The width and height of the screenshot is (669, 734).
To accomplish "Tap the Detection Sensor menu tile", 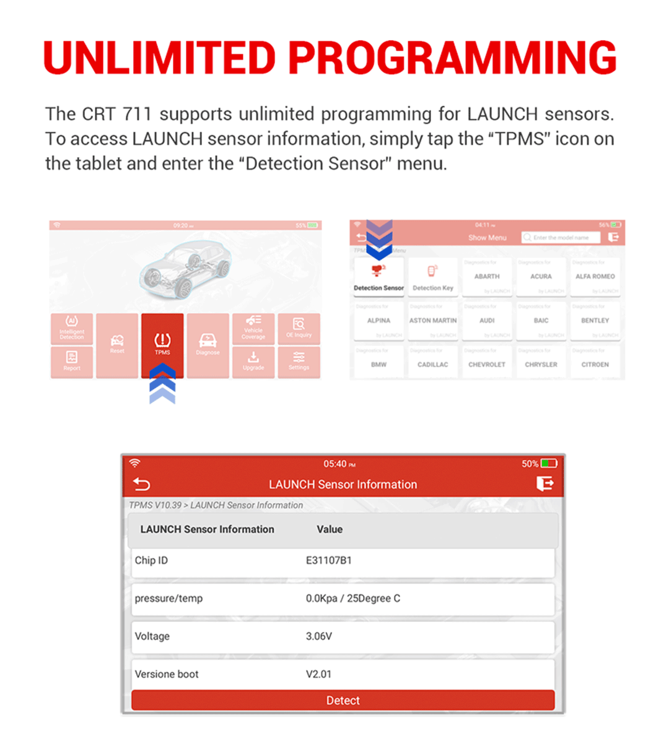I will [378, 278].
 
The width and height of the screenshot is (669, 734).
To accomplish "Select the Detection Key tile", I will [433, 278].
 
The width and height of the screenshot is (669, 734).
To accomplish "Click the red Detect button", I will [343, 701].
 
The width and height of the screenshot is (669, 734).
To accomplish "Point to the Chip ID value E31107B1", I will [328, 561].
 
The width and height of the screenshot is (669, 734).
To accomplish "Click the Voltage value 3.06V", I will [318, 636].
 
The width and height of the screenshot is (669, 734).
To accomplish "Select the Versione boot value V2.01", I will [318, 674].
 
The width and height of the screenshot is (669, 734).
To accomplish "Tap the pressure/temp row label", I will [168, 598].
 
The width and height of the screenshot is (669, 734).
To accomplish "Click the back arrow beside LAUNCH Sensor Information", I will [141, 484].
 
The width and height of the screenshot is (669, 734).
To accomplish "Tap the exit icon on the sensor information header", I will [544, 483].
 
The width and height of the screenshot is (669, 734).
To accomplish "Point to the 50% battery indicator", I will [540, 464].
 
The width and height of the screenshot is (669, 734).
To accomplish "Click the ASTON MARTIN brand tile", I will [433, 321].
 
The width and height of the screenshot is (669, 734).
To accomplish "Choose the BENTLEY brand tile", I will [595, 321].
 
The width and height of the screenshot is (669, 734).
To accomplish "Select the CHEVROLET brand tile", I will [487, 365].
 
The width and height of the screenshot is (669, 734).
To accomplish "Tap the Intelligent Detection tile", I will [72, 329].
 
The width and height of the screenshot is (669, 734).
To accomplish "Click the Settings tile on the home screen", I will [299, 361].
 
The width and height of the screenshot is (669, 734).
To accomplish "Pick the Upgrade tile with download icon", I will [253, 361].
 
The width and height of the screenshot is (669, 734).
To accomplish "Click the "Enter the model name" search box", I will [561, 238].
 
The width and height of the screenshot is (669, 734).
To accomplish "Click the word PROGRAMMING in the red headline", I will [452, 58].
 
